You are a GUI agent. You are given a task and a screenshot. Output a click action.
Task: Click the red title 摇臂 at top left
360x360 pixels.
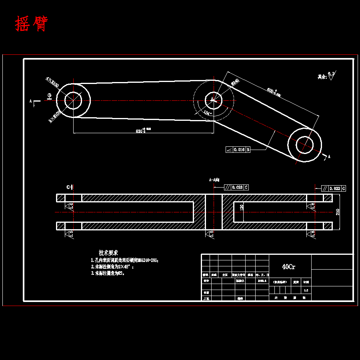click(x=31, y=24)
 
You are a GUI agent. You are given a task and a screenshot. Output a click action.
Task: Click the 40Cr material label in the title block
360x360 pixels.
click(x=289, y=267)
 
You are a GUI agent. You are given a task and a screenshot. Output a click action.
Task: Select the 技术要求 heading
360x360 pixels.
click(x=108, y=253)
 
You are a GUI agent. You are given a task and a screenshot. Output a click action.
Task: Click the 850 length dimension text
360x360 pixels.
click(x=142, y=130)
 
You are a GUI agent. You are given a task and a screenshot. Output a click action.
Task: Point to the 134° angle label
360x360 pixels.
click(x=207, y=113)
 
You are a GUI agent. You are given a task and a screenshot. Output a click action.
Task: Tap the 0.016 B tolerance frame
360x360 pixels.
click(x=238, y=150)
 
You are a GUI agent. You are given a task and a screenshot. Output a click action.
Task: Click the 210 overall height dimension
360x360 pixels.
click(x=338, y=212)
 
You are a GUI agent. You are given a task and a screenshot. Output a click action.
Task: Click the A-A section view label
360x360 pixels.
click(x=214, y=180)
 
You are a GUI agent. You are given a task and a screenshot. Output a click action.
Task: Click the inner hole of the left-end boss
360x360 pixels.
click(x=73, y=100)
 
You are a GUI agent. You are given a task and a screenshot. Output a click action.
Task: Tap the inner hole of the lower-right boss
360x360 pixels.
click(x=304, y=145)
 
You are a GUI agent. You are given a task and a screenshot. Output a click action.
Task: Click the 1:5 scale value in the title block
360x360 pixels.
click(x=306, y=290)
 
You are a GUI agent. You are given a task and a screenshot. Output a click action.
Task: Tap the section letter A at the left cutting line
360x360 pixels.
click(x=31, y=102)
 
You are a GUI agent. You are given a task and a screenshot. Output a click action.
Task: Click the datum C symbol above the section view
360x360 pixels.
click(x=69, y=187)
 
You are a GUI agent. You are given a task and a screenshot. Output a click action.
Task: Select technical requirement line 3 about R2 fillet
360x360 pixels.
click(x=109, y=273)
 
